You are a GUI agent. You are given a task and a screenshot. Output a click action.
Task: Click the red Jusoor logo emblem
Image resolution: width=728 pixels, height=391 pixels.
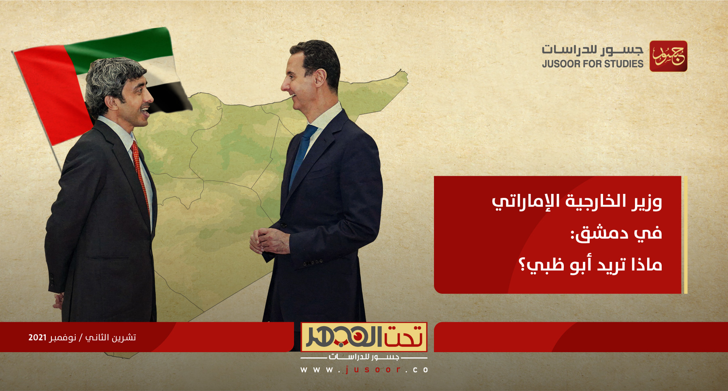(668, 56)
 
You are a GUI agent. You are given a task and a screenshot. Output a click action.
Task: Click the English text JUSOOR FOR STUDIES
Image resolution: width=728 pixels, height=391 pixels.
(593, 64)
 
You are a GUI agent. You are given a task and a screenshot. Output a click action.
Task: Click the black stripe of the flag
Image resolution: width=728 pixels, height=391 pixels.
(170, 97)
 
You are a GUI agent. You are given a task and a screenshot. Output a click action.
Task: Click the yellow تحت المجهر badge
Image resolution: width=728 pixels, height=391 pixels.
(364, 337)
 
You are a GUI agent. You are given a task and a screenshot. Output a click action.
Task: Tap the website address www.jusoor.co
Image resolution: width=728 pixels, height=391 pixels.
(364, 370)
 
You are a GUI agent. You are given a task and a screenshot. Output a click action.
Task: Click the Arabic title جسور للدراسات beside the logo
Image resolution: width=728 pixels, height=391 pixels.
(593, 50)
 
